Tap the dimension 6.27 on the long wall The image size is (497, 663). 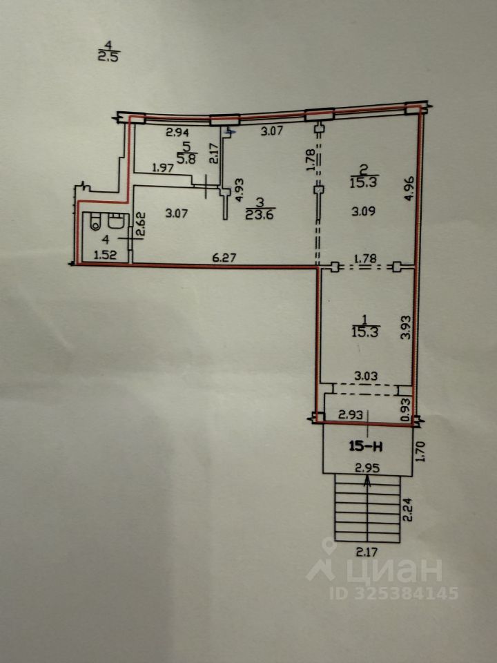point(224,257)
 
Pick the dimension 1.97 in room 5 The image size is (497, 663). point(163,168)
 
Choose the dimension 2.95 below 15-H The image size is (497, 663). point(367,468)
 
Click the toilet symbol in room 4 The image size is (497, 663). point(96,222)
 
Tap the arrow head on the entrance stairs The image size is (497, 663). point(367,481)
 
